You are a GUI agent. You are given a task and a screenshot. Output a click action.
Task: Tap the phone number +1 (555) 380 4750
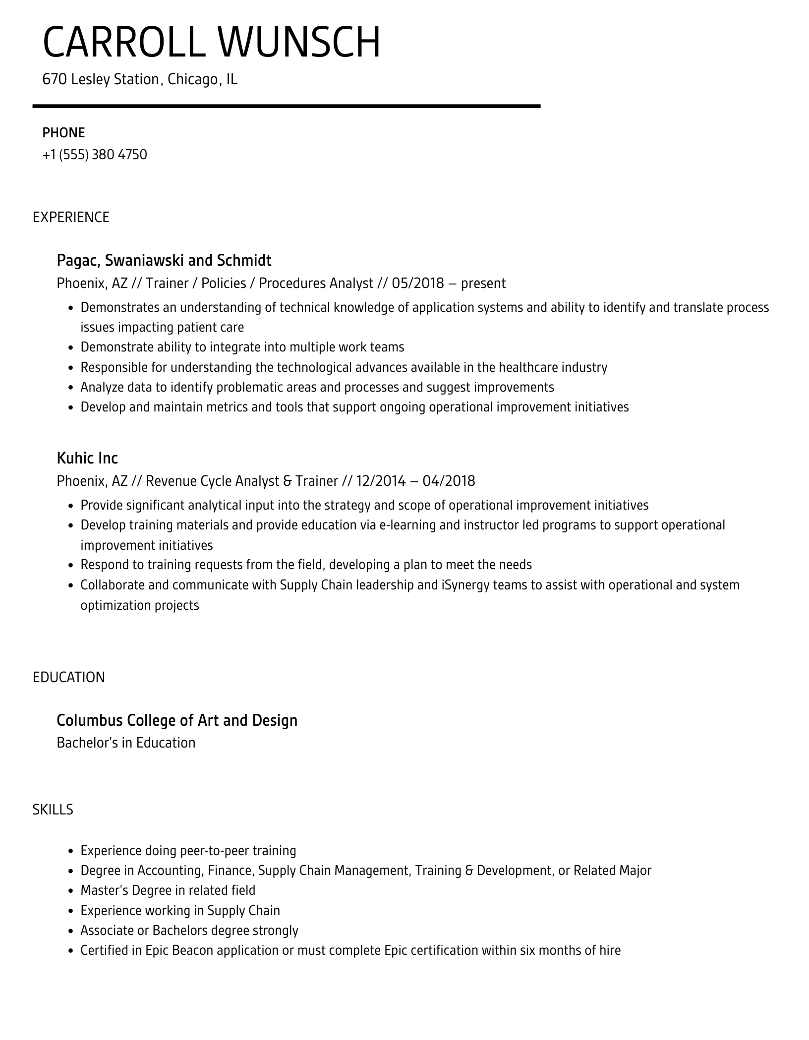[x=95, y=155]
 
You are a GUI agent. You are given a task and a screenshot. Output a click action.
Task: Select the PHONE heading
[x=63, y=133]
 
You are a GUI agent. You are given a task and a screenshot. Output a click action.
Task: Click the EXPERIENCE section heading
[x=71, y=217]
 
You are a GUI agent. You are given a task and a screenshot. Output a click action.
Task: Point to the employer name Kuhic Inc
[x=87, y=458]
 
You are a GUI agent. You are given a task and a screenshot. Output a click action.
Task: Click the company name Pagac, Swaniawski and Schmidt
[x=164, y=260]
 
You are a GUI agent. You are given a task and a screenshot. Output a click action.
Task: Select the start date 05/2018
[x=417, y=284]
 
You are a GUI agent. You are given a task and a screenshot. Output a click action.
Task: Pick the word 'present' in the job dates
[x=483, y=284]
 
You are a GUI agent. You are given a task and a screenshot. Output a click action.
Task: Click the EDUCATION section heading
[x=69, y=677]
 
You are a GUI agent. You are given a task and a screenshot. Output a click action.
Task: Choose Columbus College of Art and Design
[x=177, y=720]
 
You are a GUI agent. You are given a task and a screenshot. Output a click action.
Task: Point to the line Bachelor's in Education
[x=126, y=743]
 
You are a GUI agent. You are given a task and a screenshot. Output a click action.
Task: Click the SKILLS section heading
[x=53, y=809]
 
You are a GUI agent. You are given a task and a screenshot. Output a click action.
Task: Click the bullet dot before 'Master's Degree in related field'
[x=70, y=891]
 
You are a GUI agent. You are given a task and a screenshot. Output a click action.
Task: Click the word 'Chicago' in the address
[x=193, y=79]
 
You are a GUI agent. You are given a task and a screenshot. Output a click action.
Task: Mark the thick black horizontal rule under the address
[x=287, y=106]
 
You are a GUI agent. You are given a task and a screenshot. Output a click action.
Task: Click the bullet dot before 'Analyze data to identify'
[x=70, y=388]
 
